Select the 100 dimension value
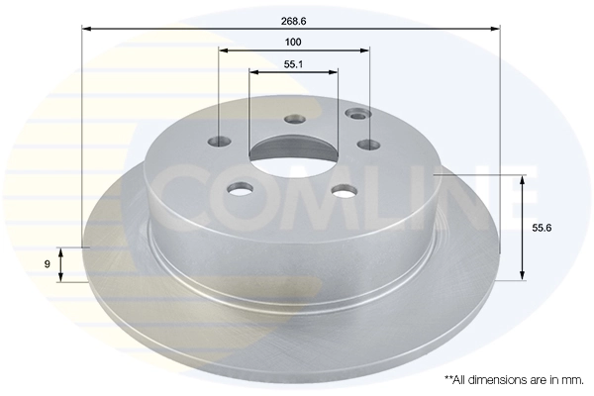293,42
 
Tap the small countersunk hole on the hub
354,115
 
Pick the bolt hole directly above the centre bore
294,120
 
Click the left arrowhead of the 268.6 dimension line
85,29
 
